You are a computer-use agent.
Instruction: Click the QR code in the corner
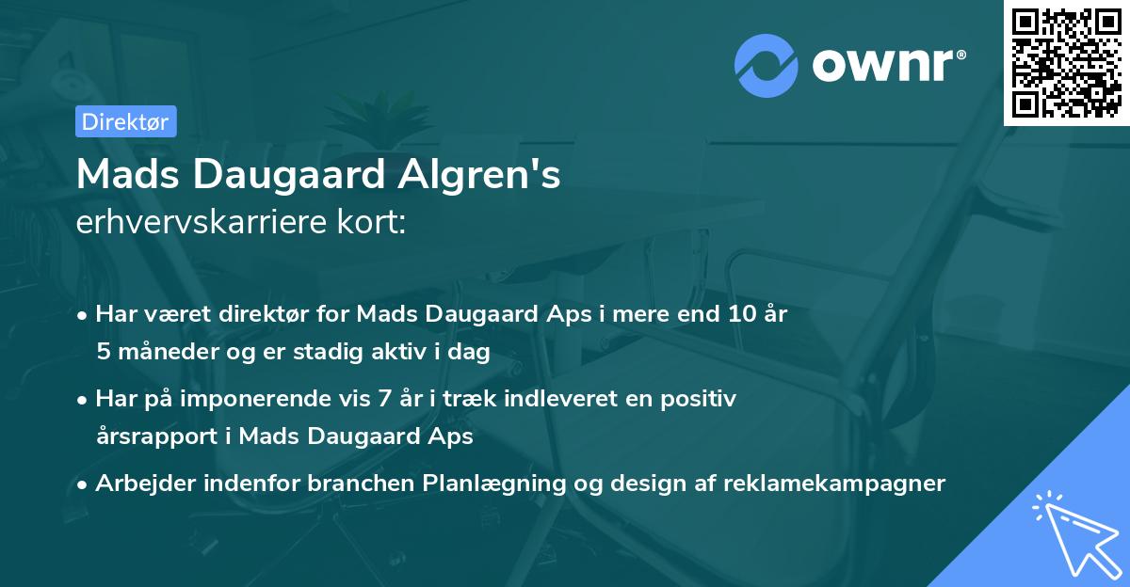click(1066, 63)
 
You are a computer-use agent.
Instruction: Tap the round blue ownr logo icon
click(767, 65)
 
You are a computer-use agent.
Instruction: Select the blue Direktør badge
click(125, 121)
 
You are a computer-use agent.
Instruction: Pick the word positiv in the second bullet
click(702, 399)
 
